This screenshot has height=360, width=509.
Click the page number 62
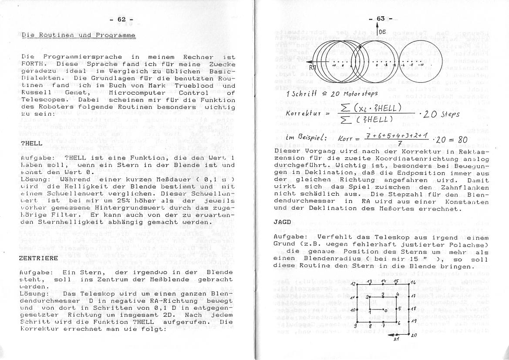point(121,19)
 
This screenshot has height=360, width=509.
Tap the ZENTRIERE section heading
point(39,258)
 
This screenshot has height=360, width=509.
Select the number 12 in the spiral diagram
point(354,284)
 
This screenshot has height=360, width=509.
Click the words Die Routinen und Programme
point(78,35)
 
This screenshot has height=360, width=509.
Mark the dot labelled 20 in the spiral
point(409,334)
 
